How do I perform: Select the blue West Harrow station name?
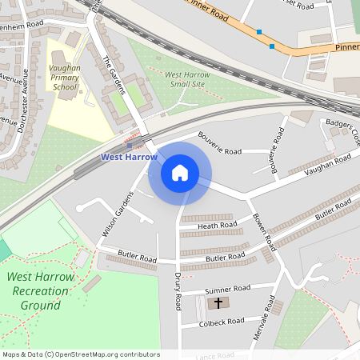(129, 157)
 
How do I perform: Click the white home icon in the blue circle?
(179, 173)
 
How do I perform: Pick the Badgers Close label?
(341, 133)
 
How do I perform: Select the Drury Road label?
(178, 291)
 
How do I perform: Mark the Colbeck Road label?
(223, 322)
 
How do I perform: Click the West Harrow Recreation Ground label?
(40, 291)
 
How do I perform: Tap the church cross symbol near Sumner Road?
(218, 303)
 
